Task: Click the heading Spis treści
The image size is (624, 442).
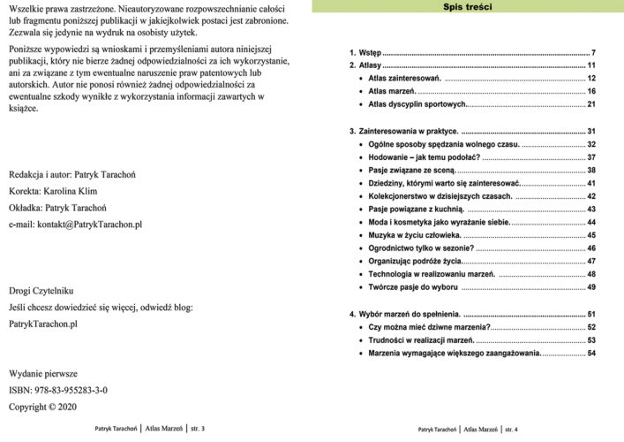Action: (468, 7)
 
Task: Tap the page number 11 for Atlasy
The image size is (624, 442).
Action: (592, 65)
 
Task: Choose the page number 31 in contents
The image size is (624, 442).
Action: (592, 131)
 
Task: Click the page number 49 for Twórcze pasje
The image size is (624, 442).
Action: (592, 287)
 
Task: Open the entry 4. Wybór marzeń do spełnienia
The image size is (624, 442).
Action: (405, 314)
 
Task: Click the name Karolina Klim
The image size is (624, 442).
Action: (76, 190)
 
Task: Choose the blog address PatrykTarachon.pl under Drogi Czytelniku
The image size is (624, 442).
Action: (42, 324)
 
